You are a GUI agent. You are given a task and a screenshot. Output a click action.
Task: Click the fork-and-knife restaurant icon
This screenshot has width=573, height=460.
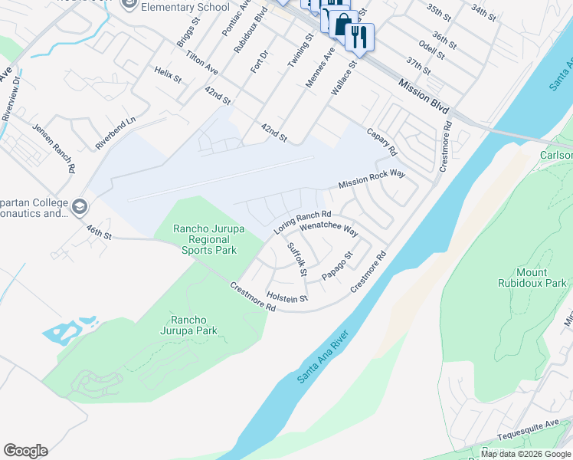(359, 36)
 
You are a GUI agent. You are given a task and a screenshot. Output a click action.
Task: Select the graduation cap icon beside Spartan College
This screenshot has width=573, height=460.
(80, 207)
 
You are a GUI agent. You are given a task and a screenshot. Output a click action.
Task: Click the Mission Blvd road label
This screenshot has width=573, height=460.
(424, 94)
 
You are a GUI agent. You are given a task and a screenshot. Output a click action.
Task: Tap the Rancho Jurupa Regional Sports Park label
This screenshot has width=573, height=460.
(205, 239)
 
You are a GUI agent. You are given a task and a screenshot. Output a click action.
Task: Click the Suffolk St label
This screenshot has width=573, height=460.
(296, 260)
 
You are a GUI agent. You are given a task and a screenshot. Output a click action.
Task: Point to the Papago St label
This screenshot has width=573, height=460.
(337, 266)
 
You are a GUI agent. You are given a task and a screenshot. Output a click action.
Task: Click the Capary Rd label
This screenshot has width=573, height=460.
(382, 140)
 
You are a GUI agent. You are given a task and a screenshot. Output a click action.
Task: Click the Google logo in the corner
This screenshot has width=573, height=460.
(25, 451)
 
